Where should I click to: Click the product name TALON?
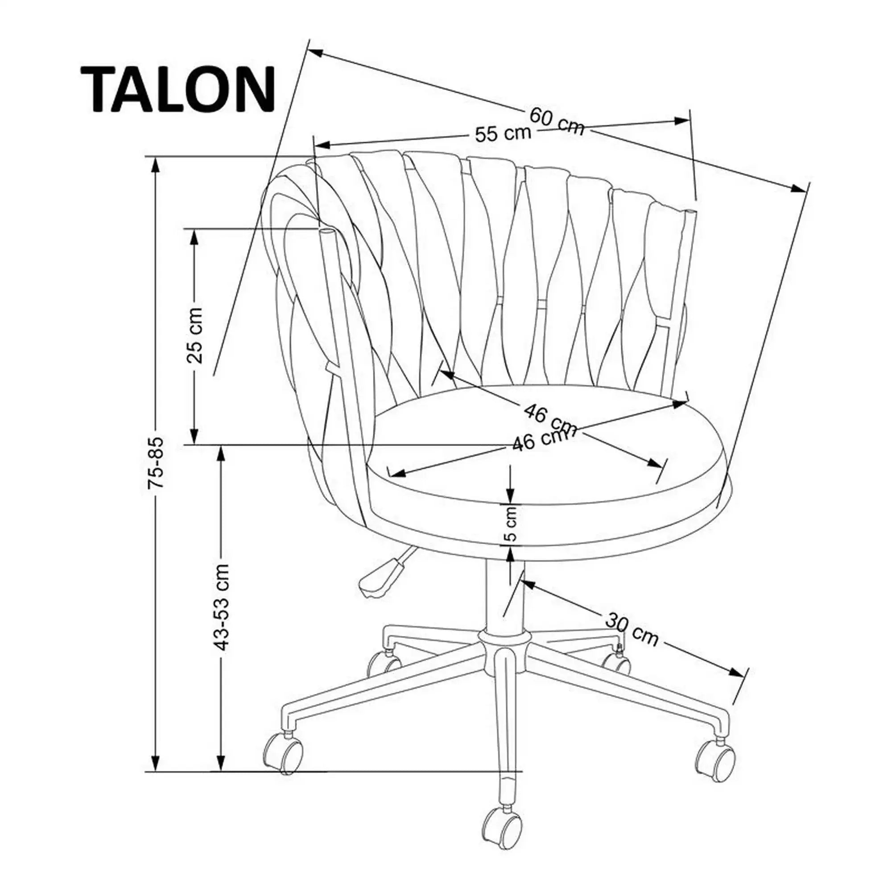178,89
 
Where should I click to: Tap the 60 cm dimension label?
557,121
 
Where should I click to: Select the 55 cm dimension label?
503,134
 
